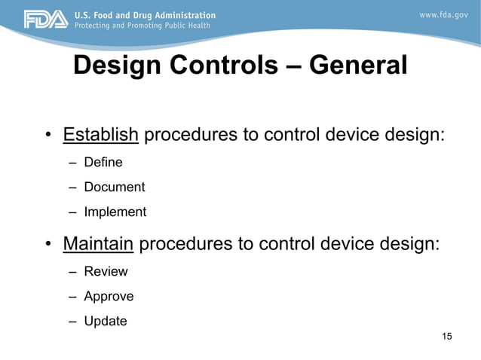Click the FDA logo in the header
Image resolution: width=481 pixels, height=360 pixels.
pos(46,20)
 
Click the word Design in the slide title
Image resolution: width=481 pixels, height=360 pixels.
pos(117,66)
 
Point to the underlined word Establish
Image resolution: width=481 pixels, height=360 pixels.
pos(101,135)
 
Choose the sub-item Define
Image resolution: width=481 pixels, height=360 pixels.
pos(103,162)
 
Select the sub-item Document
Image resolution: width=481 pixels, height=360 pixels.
pos(114,187)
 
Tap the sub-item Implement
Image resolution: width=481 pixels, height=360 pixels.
pos(115,212)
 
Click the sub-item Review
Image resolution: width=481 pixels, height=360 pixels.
pos(106,271)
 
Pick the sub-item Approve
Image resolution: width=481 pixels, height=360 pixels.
pos(109,296)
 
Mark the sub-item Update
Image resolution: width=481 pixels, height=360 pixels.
pos(106,321)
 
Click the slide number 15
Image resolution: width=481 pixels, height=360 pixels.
pos(446,336)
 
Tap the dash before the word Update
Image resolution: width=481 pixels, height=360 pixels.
pos(72,322)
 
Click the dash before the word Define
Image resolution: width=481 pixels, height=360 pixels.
pos(72,163)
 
